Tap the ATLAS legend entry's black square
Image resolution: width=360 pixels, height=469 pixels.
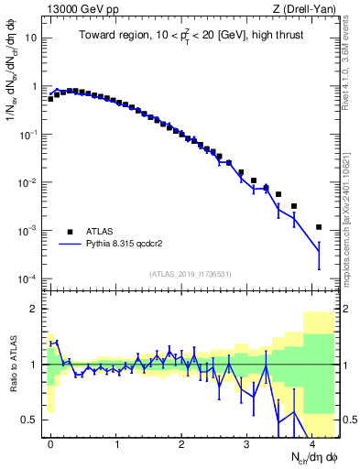(x=70, y=232)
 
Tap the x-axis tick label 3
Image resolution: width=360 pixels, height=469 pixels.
(x=246, y=442)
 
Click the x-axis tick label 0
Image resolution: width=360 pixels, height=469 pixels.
(x=50, y=442)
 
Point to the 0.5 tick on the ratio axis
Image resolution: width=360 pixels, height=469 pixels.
(x=29, y=420)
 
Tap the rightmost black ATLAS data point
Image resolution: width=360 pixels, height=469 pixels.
(x=319, y=227)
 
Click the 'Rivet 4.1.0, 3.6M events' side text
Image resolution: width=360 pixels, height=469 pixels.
(x=351, y=55)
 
